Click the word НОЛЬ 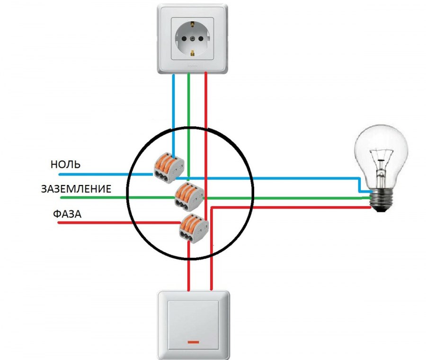pyautogui.click(x=65, y=165)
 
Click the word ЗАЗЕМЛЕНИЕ pyautogui.click(x=76, y=189)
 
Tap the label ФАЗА pyautogui.click(x=67, y=214)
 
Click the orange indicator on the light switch pyautogui.click(x=193, y=341)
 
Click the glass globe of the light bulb pyautogui.click(x=382, y=151)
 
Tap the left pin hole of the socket pyautogui.click(x=179, y=36)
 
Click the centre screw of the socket pyautogui.click(x=193, y=36)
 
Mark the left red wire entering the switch pyautogui.click(x=189, y=274)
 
